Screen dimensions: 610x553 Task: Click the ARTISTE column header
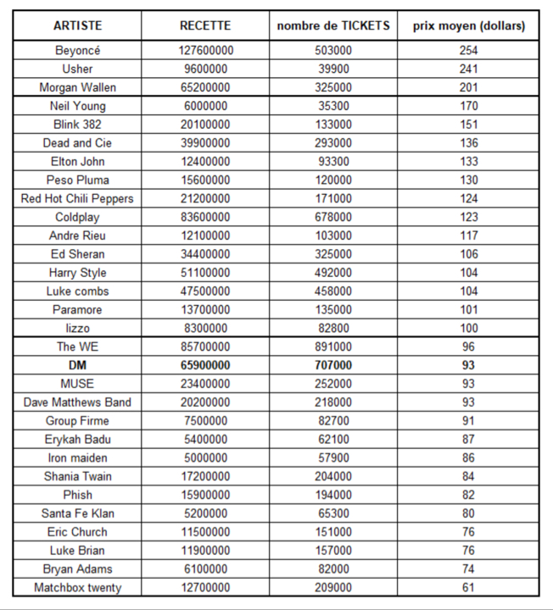[77, 26]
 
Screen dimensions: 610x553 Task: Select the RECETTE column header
[205, 26]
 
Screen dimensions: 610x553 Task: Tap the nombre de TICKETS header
[333, 26]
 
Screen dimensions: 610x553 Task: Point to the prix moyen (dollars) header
[468, 26]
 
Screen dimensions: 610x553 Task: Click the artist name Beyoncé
[77, 51]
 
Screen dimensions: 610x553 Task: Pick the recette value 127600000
[205, 51]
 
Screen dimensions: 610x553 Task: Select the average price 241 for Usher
[468, 69]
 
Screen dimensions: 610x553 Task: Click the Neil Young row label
[77, 106]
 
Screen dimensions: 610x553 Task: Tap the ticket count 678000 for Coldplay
[333, 217]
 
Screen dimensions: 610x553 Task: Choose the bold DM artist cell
[77, 365]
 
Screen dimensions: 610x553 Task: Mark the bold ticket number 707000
[333, 365]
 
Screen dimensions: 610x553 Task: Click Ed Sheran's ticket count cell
[333, 254]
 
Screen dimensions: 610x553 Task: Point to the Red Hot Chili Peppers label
[77, 198]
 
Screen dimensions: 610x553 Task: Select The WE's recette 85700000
[205, 347]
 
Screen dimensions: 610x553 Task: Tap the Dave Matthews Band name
[77, 402]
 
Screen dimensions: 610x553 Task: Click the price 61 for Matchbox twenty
[468, 587]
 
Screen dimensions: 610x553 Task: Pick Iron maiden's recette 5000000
[205, 457]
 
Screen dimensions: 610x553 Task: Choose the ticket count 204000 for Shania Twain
[333, 476]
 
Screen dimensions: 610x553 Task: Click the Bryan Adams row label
[77, 568]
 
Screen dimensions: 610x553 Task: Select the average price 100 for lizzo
[468, 328]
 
